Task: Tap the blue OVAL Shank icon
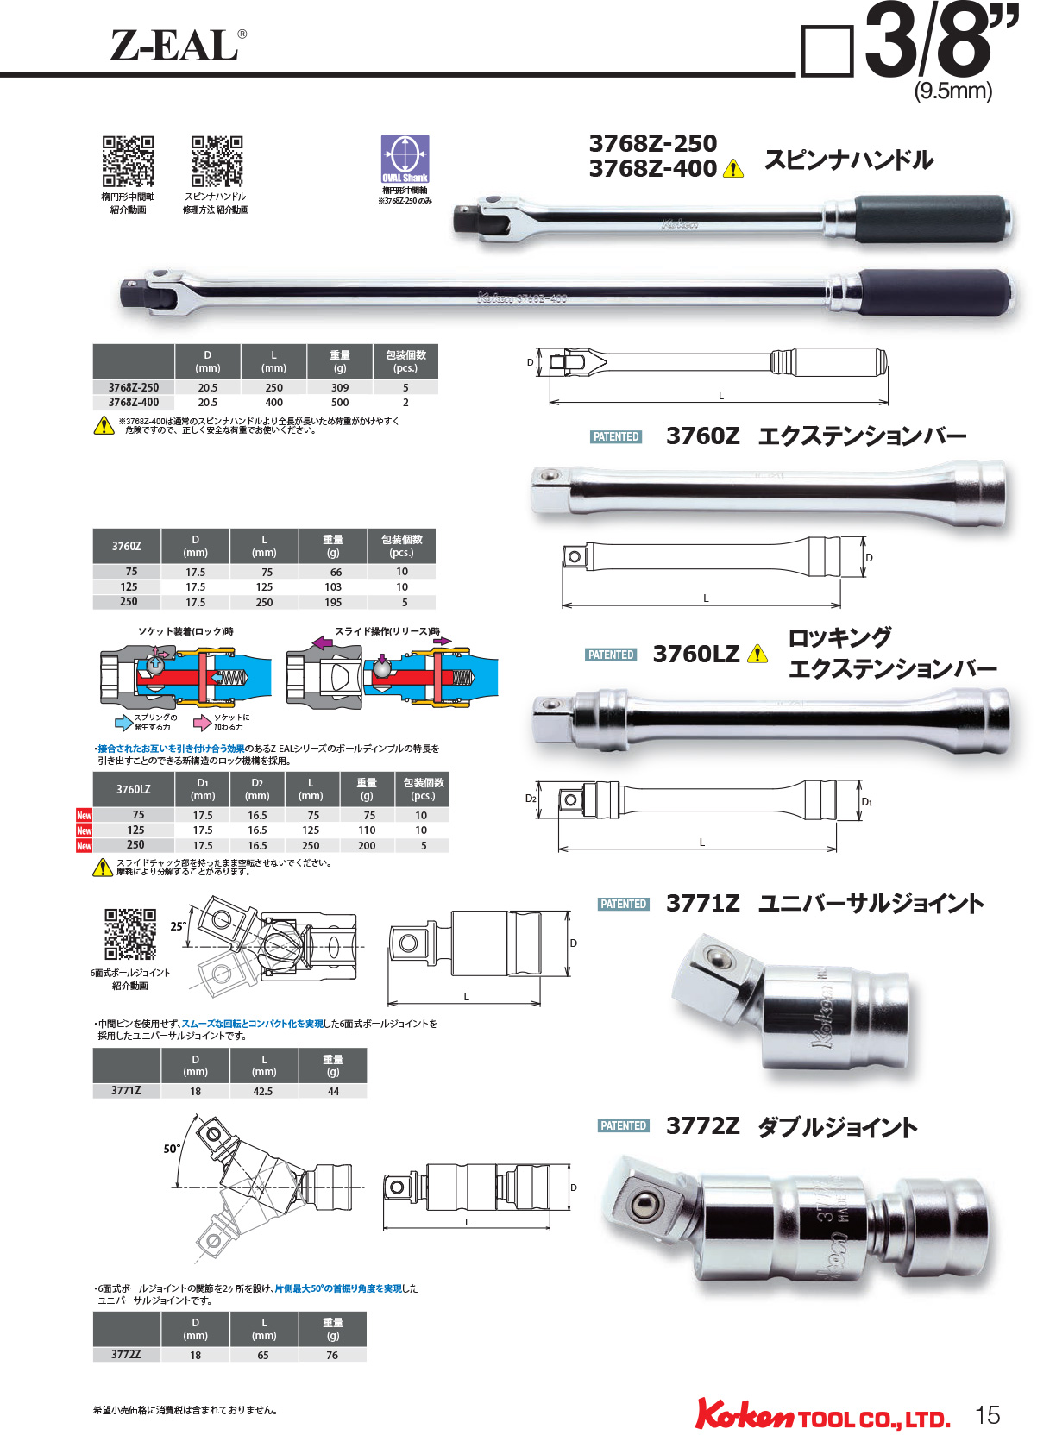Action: click(x=405, y=159)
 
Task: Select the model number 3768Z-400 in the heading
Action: click(x=652, y=169)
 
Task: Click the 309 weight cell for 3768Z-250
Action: click(x=340, y=388)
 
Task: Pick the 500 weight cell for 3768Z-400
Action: click(x=340, y=403)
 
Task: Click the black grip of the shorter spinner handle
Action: click(x=931, y=219)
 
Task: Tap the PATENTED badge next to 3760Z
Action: click(x=616, y=437)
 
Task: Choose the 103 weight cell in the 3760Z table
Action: click(x=333, y=587)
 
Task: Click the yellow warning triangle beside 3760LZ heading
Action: click(x=757, y=655)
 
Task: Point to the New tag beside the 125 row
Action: click(x=84, y=830)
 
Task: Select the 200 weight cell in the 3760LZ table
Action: click(x=367, y=846)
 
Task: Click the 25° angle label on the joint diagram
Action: click(x=178, y=926)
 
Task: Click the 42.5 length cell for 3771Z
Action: click(x=263, y=1092)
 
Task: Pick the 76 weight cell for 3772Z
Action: click(x=332, y=1356)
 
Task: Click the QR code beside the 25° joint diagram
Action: click(x=130, y=934)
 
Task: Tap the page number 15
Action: click(x=987, y=1415)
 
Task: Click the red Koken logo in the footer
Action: click(x=744, y=1415)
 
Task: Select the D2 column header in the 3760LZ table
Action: click(x=257, y=789)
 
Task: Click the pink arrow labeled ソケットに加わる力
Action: click(x=203, y=723)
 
